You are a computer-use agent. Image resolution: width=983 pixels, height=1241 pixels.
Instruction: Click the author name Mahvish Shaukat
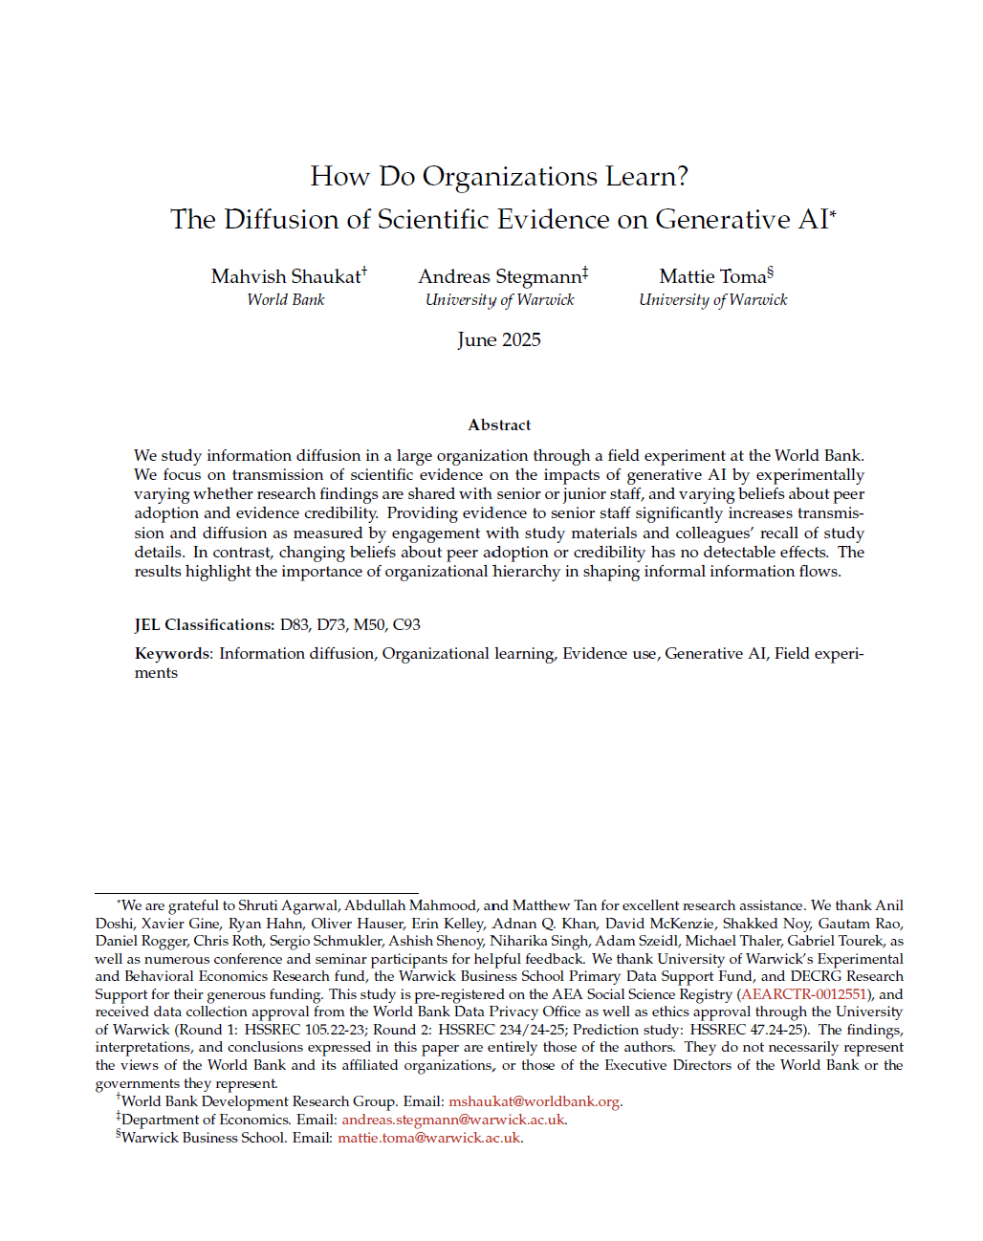tap(286, 276)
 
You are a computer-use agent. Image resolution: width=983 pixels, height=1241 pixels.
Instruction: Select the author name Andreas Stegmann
tap(500, 276)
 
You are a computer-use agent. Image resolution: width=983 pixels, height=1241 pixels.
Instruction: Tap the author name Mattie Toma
tap(713, 276)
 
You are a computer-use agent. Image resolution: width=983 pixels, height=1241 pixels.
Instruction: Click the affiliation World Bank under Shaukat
tap(286, 300)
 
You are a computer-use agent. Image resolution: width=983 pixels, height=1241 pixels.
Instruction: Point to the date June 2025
tap(499, 340)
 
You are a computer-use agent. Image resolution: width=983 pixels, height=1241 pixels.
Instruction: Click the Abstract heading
tap(499, 425)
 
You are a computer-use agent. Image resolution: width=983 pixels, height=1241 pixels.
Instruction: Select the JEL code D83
tap(295, 625)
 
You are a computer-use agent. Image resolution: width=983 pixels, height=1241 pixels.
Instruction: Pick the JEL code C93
tap(406, 625)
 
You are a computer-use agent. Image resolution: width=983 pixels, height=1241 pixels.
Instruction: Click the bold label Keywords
tap(172, 654)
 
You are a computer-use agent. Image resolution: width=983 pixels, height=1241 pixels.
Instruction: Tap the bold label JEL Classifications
tap(204, 625)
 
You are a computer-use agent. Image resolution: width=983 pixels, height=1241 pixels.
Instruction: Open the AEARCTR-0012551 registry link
tap(804, 994)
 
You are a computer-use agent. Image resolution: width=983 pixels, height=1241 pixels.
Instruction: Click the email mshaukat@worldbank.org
tap(535, 1101)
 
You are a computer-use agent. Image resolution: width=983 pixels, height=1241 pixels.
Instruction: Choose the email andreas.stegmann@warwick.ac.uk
tap(453, 1120)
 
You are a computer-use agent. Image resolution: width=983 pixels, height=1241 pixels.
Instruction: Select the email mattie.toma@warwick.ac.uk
tap(429, 1138)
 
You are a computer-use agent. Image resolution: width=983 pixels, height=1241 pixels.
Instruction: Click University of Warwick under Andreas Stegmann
tap(500, 300)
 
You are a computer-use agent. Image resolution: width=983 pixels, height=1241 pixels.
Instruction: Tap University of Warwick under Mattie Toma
tap(713, 300)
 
